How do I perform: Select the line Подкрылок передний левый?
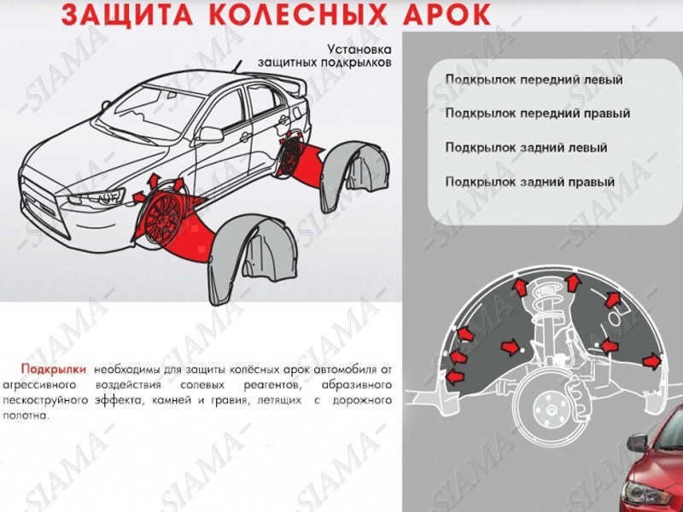[x=534, y=79]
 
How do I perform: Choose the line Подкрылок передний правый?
[x=538, y=113]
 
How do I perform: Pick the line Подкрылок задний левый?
[x=526, y=148]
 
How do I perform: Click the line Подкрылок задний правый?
[x=530, y=182]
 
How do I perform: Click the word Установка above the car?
[x=355, y=49]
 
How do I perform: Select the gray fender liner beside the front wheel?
[x=247, y=256]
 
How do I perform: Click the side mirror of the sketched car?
[x=210, y=134]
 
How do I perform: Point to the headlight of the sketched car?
[x=98, y=197]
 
